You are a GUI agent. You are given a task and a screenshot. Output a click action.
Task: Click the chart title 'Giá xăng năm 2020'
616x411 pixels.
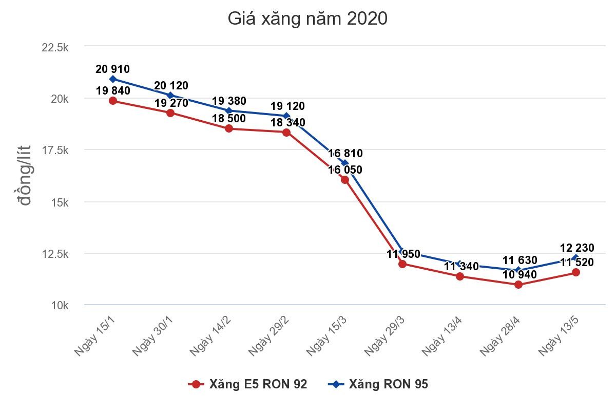307,19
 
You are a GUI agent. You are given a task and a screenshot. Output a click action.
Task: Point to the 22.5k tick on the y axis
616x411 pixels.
55,47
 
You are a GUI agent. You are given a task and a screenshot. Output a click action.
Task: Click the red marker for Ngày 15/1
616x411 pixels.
113,101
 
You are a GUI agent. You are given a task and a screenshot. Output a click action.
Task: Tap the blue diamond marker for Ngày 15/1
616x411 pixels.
113,79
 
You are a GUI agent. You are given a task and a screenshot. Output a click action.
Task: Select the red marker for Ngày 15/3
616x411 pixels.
344,180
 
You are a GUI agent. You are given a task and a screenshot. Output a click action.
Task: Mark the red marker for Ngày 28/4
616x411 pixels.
518,284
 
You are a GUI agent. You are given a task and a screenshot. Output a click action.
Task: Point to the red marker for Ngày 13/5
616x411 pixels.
576,272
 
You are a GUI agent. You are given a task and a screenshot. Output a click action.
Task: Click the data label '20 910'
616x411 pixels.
112,69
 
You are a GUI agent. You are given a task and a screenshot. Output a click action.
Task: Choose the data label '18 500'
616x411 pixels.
229,118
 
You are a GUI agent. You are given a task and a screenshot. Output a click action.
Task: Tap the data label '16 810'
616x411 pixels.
345,153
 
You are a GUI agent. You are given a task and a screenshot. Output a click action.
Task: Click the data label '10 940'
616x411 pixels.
519,274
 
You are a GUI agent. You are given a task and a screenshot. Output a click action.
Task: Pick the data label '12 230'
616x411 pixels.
577,249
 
